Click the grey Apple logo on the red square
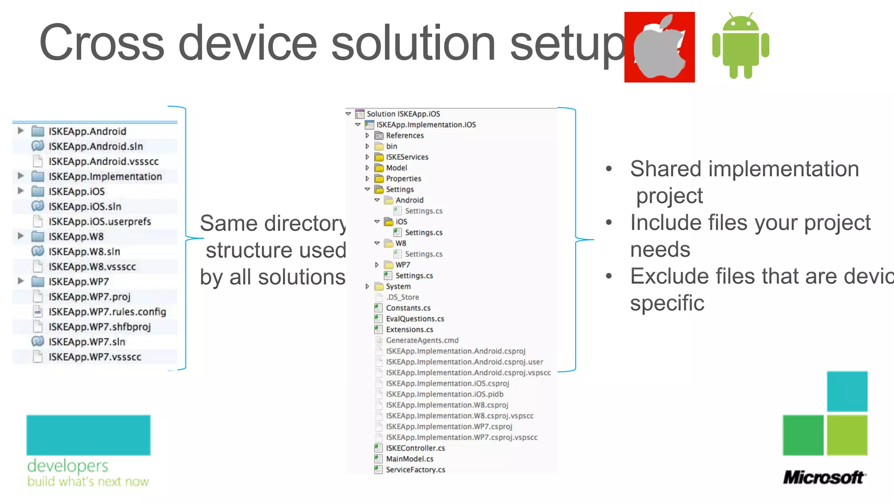[659, 48]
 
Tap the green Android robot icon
[740, 46]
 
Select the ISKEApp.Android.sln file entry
[96, 146]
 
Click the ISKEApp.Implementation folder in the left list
[105, 176]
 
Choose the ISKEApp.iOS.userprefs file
[100, 221]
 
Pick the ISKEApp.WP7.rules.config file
[107, 312]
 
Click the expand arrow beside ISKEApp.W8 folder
[21, 236]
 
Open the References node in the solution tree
[405, 135]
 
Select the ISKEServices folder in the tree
[407, 157]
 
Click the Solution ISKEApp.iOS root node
[403, 114]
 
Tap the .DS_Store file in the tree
[402, 297]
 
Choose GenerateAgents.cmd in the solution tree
[422, 340]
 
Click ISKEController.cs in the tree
[415, 448]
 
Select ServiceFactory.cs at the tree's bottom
[415, 470]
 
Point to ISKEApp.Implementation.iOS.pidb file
[444, 394]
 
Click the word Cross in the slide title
[102, 43]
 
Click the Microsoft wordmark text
[823, 477]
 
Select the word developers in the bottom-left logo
[68, 466]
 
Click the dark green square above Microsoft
[803, 435]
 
